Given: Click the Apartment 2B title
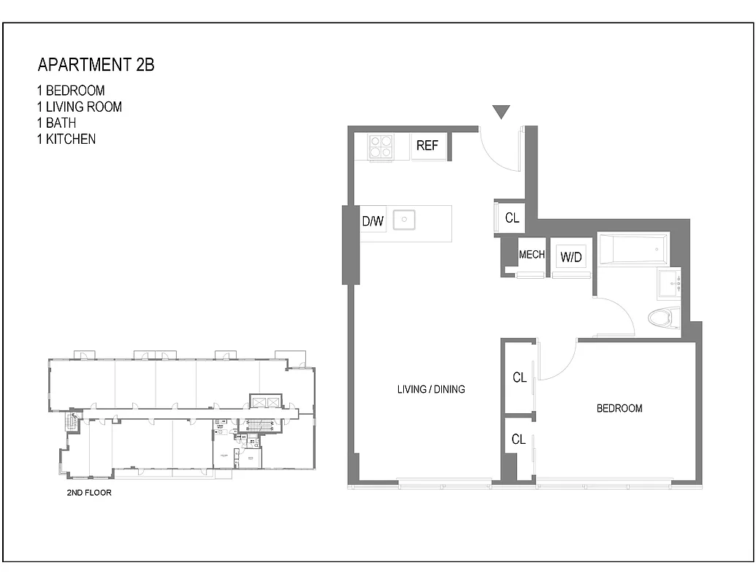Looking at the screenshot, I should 96,65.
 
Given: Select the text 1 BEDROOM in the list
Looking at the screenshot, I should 71,91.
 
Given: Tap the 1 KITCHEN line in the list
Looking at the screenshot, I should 66,139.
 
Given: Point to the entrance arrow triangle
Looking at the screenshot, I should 500,112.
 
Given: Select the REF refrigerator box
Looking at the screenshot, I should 427,146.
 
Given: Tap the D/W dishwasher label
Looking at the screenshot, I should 373,220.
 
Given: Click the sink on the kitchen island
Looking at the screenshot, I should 404,220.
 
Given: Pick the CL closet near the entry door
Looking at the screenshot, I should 512,218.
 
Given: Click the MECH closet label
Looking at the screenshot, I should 532,255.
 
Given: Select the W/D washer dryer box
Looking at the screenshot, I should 570,257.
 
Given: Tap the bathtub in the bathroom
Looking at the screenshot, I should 633,250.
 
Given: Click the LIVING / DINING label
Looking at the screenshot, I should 431,389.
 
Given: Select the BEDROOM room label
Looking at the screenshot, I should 619,408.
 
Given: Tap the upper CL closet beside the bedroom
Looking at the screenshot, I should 519,377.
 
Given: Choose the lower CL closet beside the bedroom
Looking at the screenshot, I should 519,439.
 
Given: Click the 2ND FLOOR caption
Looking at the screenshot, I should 89,493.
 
